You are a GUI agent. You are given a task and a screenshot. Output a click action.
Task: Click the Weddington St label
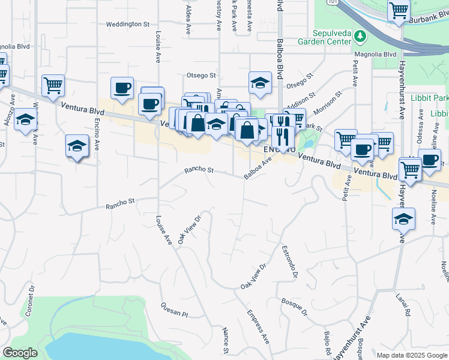[127, 25]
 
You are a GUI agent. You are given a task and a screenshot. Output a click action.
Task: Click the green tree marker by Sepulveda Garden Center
[360, 37]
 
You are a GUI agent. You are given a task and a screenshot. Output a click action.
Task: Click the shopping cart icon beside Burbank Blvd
[399, 11]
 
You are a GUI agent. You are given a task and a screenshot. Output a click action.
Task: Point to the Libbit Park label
[429, 98]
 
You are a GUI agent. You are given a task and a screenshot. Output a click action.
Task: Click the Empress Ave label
[258, 326]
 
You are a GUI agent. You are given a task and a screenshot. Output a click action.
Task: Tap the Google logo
[20, 353]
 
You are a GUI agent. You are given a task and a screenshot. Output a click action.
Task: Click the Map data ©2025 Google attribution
[412, 355]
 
